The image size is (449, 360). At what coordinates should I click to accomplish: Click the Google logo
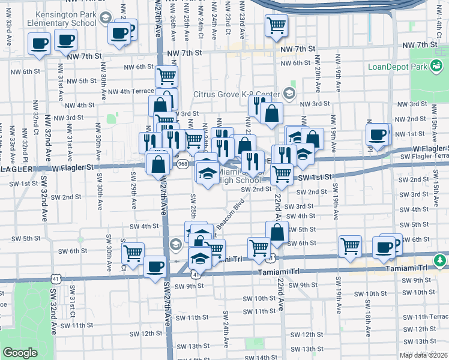(20, 353)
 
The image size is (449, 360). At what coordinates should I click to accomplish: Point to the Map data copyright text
(424, 355)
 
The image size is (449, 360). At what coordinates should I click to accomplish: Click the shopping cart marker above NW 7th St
(277, 26)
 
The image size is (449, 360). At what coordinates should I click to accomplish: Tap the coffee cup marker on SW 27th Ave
(155, 266)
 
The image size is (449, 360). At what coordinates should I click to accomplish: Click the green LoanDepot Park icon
(437, 65)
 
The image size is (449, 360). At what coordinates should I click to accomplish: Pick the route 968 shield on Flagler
(183, 164)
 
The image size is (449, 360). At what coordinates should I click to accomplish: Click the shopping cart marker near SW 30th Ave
(133, 253)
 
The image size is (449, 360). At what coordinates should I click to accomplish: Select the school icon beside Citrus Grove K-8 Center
(289, 93)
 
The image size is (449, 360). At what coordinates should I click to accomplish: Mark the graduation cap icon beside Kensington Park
(105, 18)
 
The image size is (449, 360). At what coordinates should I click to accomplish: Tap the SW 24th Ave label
(226, 329)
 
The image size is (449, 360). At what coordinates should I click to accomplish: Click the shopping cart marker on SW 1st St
(282, 174)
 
